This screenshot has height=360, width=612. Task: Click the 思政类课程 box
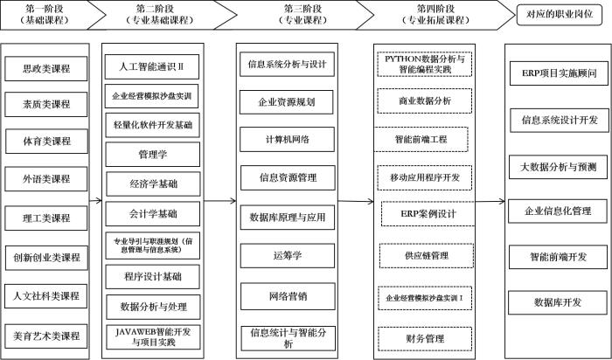click(x=47, y=68)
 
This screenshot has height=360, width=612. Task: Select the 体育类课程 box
click(x=47, y=141)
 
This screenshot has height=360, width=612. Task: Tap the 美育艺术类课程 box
click(x=47, y=335)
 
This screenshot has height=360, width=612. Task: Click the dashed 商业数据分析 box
click(x=424, y=100)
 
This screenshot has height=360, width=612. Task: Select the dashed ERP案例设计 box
click(x=424, y=213)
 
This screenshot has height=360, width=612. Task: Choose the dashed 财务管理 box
click(x=424, y=336)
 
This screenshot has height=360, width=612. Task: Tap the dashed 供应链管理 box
click(x=424, y=255)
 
